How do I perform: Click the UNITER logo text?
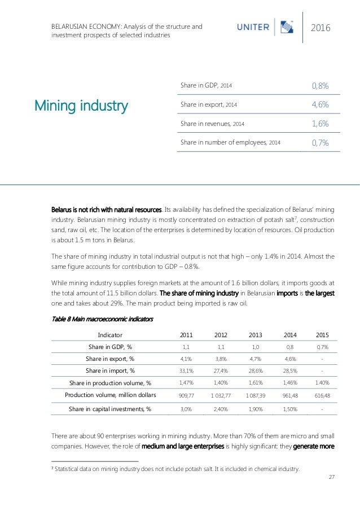(x=252, y=27)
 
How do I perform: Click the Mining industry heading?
(x=81, y=105)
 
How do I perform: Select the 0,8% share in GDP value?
(x=321, y=85)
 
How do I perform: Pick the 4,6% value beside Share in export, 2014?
(x=321, y=104)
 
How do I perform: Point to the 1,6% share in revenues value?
(x=321, y=123)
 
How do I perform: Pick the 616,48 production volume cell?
(x=322, y=396)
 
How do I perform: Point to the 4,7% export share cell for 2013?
(x=255, y=359)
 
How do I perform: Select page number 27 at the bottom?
(x=331, y=477)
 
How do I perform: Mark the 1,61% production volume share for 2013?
(x=255, y=383)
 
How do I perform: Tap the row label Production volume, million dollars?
(x=110, y=395)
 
